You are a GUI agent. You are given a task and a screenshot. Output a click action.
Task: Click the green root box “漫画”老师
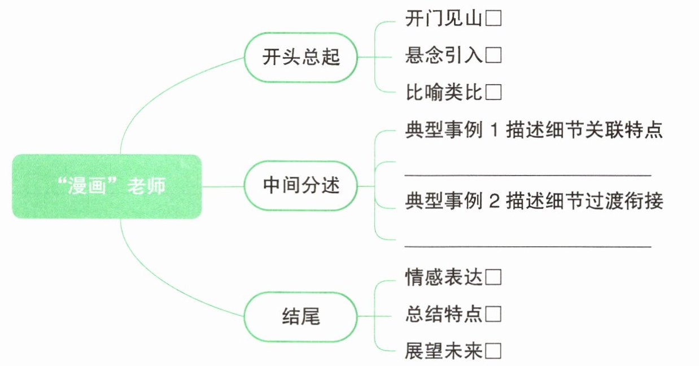(107, 186)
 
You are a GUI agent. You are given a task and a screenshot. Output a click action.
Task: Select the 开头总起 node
(301, 58)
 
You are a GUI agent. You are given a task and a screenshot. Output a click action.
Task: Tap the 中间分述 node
(301, 186)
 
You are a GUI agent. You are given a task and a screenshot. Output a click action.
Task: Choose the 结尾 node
(301, 317)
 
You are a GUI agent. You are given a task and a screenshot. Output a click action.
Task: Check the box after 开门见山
(493, 20)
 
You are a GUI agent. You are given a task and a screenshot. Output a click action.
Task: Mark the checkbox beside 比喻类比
(493, 91)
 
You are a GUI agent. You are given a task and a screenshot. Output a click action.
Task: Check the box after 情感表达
(493, 277)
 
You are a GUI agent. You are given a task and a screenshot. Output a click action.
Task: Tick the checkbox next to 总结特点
(493, 313)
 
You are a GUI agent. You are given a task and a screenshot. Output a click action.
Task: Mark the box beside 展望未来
(493, 351)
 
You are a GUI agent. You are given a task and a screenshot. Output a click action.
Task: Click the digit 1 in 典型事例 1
(495, 131)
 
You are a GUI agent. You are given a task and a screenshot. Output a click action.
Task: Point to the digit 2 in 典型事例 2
(495, 201)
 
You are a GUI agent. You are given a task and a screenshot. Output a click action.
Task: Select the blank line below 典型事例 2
(528, 245)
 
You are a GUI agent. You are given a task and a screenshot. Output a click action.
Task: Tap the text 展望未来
(444, 351)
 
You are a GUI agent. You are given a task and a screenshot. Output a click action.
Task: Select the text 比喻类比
(444, 91)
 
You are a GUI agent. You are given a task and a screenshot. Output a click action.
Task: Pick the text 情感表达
(444, 277)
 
